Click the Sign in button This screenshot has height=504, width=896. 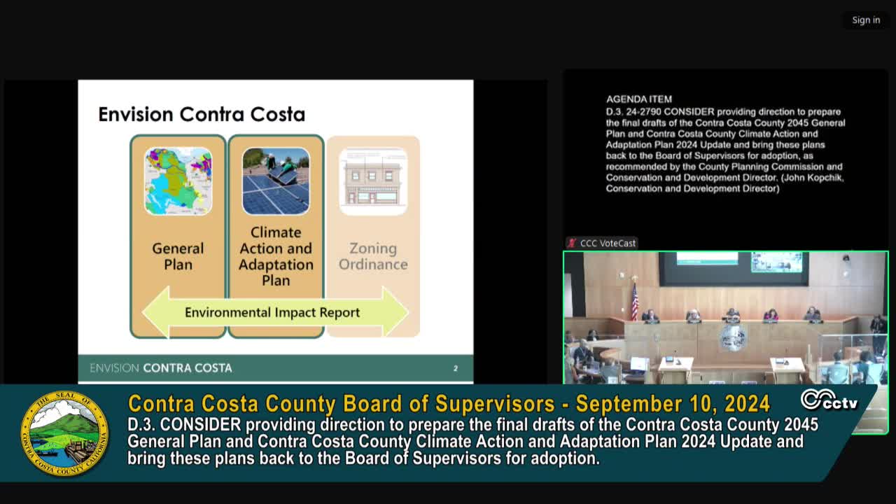click(866, 20)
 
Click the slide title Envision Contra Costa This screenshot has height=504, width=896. click(202, 114)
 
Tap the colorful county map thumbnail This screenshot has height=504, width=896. click(178, 181)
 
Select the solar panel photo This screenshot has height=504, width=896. click(276, 181)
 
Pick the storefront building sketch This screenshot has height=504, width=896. click(373, 181)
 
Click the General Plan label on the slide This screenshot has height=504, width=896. click(178, 256)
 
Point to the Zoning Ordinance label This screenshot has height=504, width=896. click(373, 256)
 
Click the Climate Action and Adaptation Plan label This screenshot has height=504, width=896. click(276, 256)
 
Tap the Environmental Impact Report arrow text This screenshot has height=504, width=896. click(272, 312)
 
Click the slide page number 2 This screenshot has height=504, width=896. click(456, 368)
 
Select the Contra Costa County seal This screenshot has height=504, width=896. click(64, 433)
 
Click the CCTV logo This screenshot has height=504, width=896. click(829, 400)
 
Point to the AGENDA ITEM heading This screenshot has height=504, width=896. click(639, 99)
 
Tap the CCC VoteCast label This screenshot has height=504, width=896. click(608, 243)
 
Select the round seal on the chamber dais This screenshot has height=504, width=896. click(733, 337)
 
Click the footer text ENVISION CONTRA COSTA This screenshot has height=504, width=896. click(161, 368)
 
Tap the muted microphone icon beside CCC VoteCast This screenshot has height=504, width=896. click(573, 243)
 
